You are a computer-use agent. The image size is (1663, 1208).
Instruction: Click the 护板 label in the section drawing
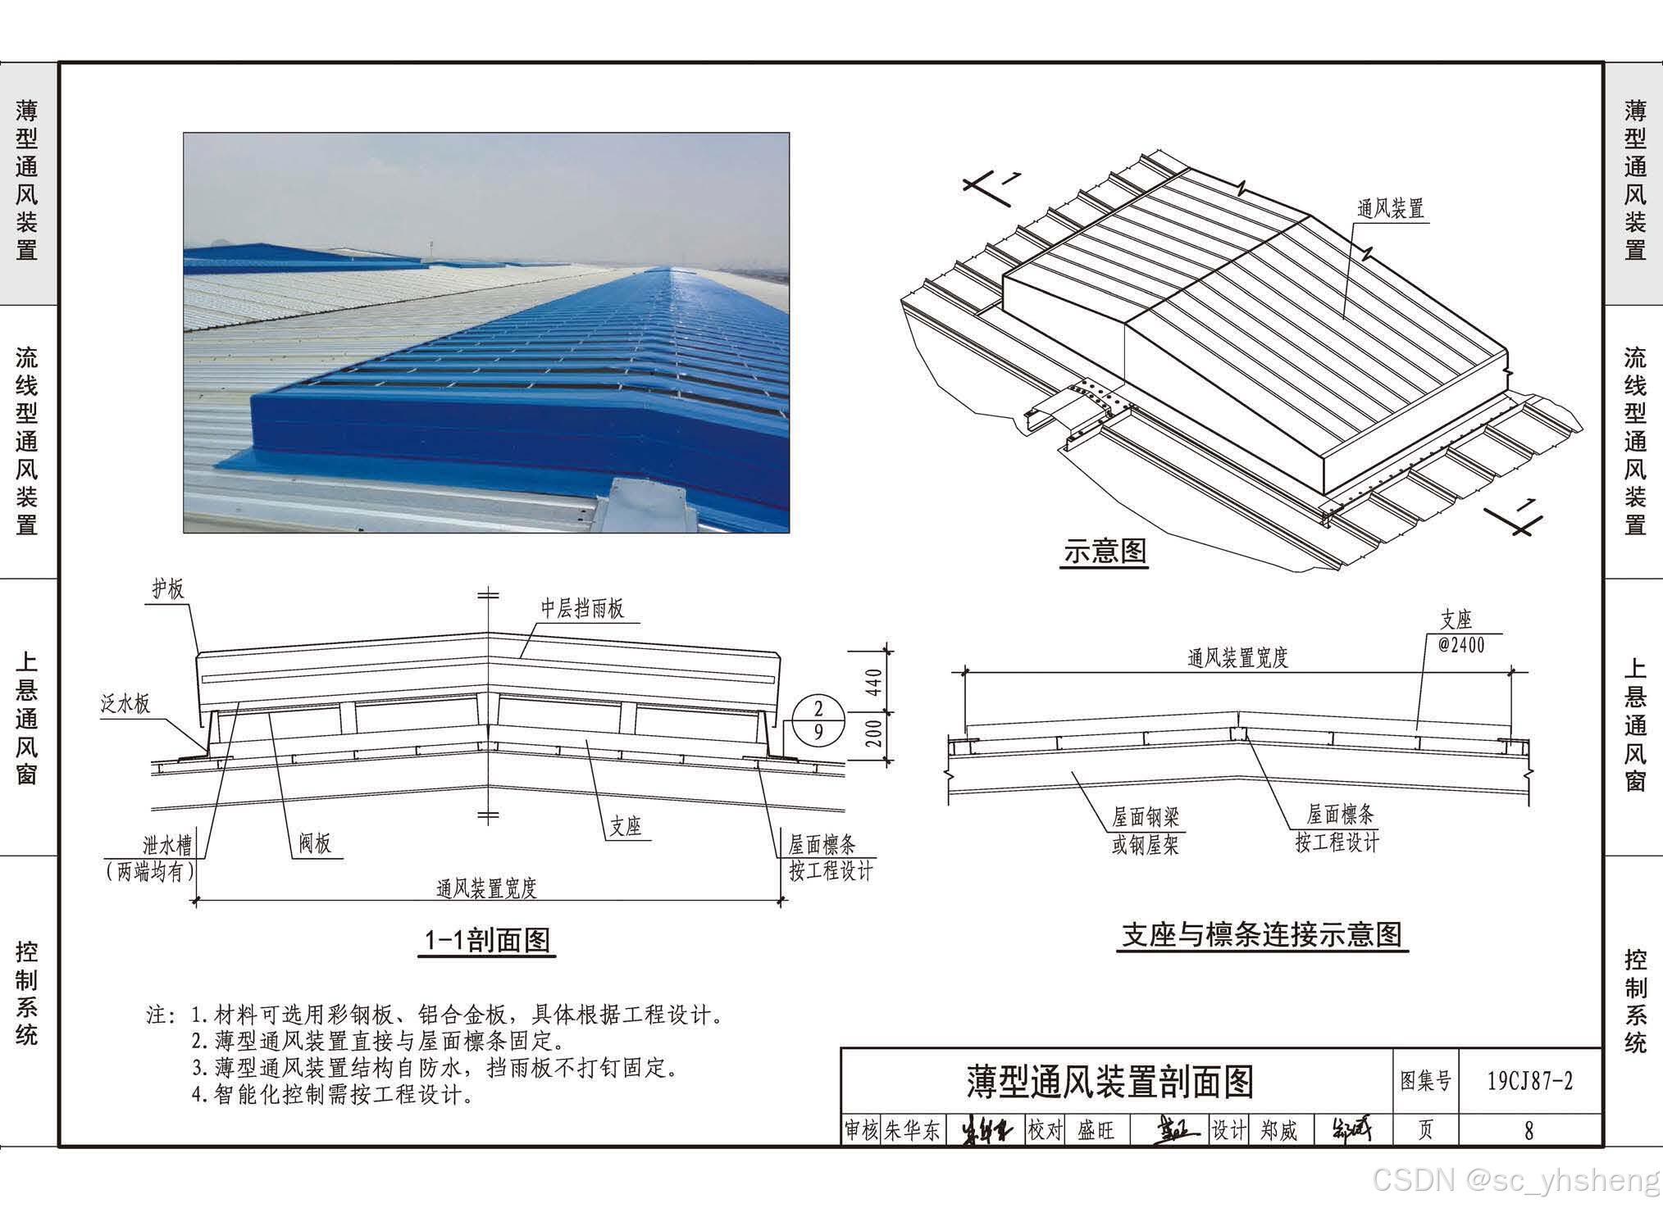(x=168, y=588)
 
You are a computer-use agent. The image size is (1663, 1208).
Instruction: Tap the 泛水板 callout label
(x=125, y=703)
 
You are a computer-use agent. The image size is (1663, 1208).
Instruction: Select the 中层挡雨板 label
(x=582, y=608)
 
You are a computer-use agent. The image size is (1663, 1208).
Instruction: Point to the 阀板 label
(x=315, y=843)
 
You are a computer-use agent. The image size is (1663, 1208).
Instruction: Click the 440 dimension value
(x=874, y=682)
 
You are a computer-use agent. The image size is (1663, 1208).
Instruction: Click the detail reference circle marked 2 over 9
(x=818, y=720)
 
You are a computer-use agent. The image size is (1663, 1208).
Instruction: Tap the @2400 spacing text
(x=1461, y=645)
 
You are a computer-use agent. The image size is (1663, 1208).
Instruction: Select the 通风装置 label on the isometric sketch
(x=1391, y=208)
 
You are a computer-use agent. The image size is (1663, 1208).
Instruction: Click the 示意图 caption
(x=1105, y=552)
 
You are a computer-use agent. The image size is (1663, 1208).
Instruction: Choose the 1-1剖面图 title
(x=487, y=940)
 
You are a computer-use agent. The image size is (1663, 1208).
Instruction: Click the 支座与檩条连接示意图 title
(x=1262, y=935)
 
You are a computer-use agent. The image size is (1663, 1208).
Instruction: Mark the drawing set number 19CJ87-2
(x=1530, y=1081)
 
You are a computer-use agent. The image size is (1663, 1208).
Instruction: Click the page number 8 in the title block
(x=1529, y=1131)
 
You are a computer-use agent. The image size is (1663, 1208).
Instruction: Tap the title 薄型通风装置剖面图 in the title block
(x=1110, y=1082)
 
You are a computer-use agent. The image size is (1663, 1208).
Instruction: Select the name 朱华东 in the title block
(x=912, y=1131)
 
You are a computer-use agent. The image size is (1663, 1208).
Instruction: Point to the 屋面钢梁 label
(x=1146, y=816)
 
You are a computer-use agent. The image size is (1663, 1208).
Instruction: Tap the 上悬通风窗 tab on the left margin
(x=27, y=718)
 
